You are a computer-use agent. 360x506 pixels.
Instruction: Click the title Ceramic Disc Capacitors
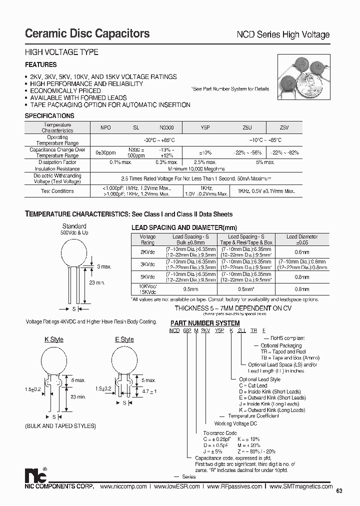(x=87, y=33)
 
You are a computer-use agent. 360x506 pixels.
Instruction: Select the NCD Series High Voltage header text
(x=282, y=34)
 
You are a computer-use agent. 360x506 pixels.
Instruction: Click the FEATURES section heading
(x=41, y=65)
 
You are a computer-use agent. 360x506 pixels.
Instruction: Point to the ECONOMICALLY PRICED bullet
(x=65, y=91)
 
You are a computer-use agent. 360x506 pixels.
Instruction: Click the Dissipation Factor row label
(x=57, y=162)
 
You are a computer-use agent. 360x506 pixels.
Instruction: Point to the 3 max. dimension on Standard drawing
(x=104, y=267)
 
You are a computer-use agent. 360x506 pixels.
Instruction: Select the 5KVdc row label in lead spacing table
(x=147, y=276)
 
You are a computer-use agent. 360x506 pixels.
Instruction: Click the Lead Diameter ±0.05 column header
(x=302, y=239)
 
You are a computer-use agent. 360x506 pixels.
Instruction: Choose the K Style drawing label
(x=54, y=339)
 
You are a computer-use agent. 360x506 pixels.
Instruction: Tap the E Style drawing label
(x=124, y=339)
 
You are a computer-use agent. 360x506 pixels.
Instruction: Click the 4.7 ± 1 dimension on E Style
(x=149, y=391)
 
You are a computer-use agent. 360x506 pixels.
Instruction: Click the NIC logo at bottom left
(x=35, y=475)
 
